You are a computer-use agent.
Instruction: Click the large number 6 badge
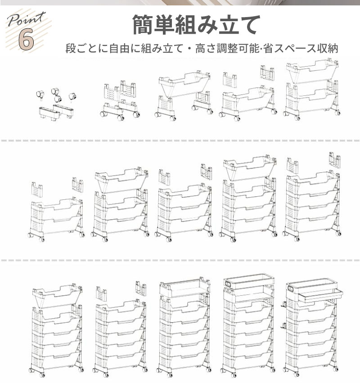(26, 39)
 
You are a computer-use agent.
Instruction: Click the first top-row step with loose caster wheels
(55, 104)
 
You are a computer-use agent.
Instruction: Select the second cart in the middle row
(120, 203)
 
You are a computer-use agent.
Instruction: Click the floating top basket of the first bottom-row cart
(57, 294)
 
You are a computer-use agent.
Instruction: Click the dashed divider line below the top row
(180, 140)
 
